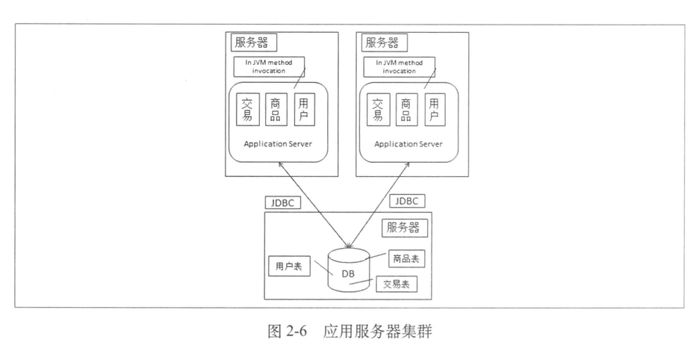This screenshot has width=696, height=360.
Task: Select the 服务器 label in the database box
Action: click(x=403, y=227)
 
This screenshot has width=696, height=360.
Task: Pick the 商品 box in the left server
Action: click(x=276, y=109)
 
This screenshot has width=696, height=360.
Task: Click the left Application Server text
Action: click(x=278, y=143)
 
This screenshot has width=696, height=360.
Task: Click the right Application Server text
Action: click(x=408, y=143)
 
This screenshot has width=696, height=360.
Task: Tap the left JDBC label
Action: click(x=283, y=202)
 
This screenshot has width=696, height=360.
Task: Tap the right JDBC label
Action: click(x=408, y=200)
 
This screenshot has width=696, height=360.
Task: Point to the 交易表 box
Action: click(x=396, y=285)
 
